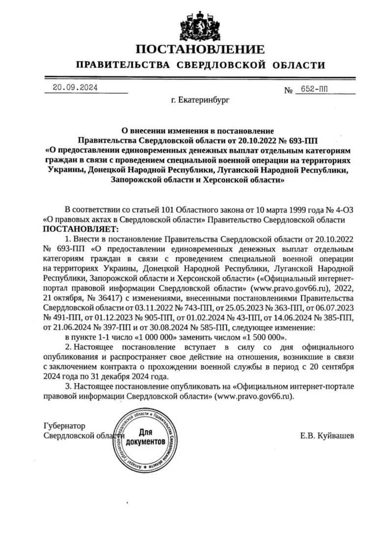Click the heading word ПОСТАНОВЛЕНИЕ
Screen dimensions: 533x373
point(200,49)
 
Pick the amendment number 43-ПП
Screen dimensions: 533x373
point(255,318)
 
